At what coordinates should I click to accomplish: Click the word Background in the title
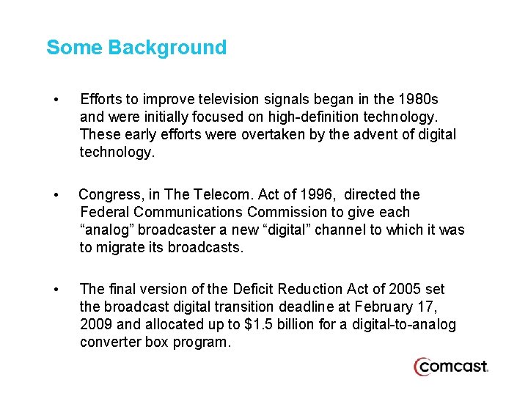click(x=167, y=48)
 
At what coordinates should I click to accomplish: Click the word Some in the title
click(x=74, y=48)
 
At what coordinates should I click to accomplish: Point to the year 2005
click(x=403, y=289)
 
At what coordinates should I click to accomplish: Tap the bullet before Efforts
click(x=56, y=99)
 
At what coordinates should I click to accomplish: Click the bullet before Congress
click(x=56, y=195)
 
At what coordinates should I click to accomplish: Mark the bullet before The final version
click(x=56, y=290)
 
